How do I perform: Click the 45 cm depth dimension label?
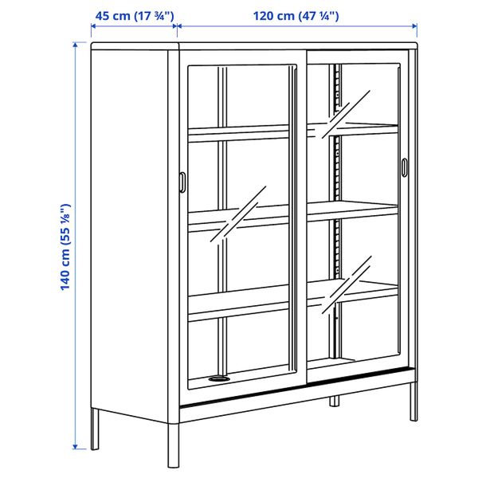tap(134, 16)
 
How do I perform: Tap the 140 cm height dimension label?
tap(67, 247)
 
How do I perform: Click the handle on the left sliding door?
tap(183, 182)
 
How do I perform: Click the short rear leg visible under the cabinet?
tap(331, 402)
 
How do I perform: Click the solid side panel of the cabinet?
tap(131, 239)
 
